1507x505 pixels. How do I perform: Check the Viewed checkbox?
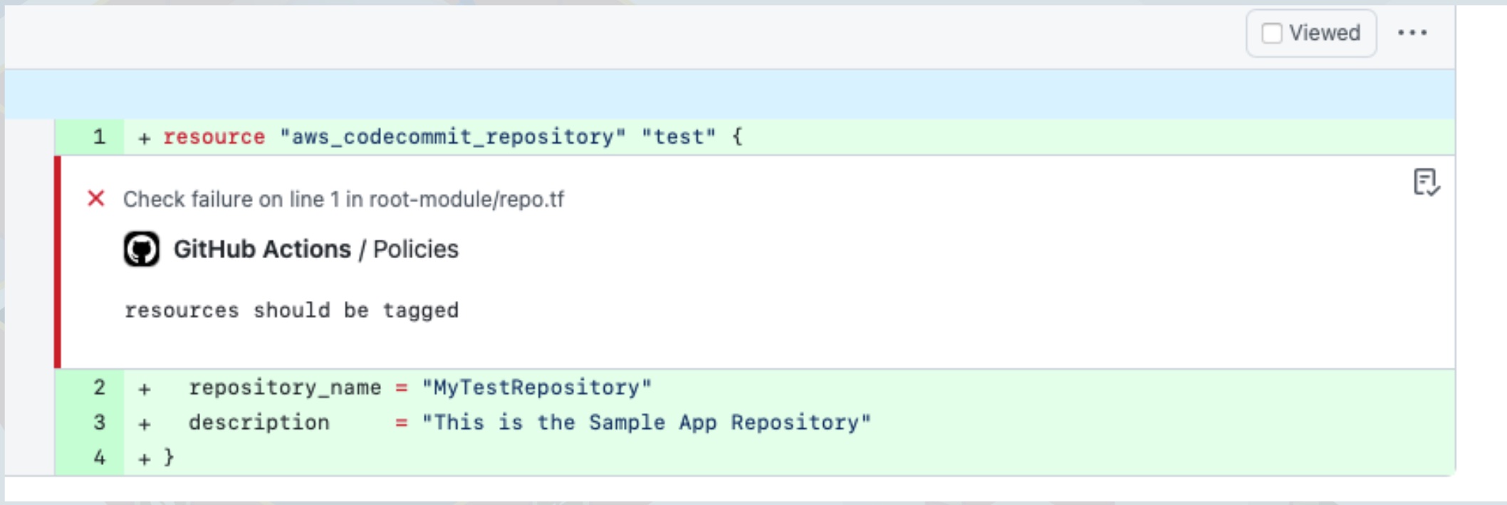tap(1271, 33)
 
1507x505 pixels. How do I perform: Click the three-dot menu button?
tap(1412, 33)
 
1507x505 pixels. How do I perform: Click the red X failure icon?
tap(96, 198)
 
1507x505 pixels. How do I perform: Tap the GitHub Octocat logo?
tap(142, 249)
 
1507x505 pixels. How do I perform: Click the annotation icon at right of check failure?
tap(1426, 182)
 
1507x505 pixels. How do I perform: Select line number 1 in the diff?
tap(99, 137)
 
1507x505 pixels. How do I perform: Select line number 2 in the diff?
tap(99, 388)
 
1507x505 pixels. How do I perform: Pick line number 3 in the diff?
tap(99, 422)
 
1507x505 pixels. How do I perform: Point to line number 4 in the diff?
tap(99, 457)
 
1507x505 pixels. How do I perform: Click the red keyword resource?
tap(214, 137)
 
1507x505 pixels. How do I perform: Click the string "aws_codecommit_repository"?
tap(453, 137)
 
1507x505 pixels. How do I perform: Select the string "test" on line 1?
tap(678, 137)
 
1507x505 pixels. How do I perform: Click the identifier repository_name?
tap(285, 388)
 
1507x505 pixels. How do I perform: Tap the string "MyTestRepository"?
tap(536, 388)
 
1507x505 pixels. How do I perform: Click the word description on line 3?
tap(259, 422)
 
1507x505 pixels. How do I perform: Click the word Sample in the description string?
tap(627, 422)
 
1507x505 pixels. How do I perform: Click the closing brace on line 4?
tap(169, 457)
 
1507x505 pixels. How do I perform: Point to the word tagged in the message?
tap(420, 310)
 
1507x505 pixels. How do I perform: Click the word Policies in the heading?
tap(416, 249)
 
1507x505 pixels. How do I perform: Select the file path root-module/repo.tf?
tap(466, 199)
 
